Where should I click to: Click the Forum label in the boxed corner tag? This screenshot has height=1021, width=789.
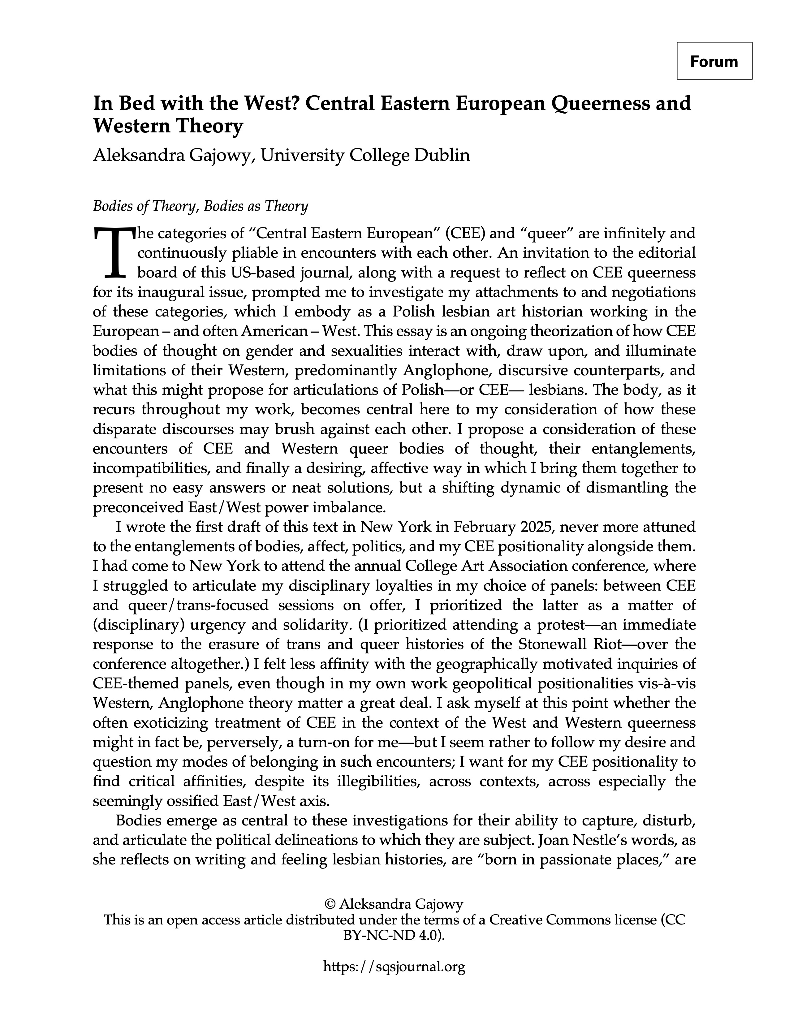[714, 61]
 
